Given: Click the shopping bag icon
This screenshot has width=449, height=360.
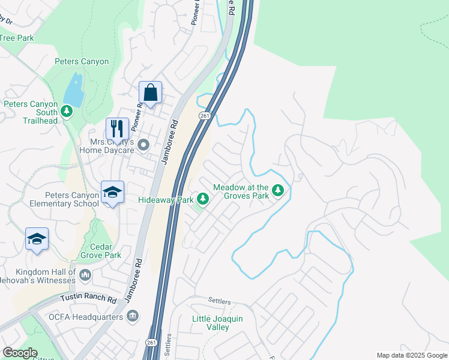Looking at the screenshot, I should point(150,93).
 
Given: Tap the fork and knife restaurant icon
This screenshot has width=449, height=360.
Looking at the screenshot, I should point(117,128).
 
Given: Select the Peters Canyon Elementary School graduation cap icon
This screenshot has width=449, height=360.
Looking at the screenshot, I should point(112,192).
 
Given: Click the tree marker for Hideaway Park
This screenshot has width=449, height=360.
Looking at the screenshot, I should point(203,199).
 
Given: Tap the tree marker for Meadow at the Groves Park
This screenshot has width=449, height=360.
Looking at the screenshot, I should point(277,191).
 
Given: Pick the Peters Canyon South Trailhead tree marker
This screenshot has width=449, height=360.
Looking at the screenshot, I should point(67,111).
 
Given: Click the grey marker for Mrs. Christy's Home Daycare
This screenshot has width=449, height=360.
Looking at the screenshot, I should point(143,145).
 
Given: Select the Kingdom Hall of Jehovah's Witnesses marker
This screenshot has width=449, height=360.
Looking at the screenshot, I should point(85,275).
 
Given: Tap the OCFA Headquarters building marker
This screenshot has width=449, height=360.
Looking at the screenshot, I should point(132,316).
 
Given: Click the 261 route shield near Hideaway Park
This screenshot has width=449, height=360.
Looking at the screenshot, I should point(205,116).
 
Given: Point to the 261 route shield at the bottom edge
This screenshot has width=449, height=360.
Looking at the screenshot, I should point(150,342).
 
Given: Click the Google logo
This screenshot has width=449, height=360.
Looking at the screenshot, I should point(20,353).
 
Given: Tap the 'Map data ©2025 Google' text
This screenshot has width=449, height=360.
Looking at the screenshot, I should point(411,355).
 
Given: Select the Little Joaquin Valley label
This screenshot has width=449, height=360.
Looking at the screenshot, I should point(217,323).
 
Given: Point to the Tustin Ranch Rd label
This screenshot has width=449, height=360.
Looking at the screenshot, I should point(88,298).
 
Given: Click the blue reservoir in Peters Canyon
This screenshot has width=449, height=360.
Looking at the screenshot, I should point(73,89).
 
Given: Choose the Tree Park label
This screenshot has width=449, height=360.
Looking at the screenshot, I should point(17,38).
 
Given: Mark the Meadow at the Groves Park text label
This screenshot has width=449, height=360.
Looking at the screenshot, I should point(238,191).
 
